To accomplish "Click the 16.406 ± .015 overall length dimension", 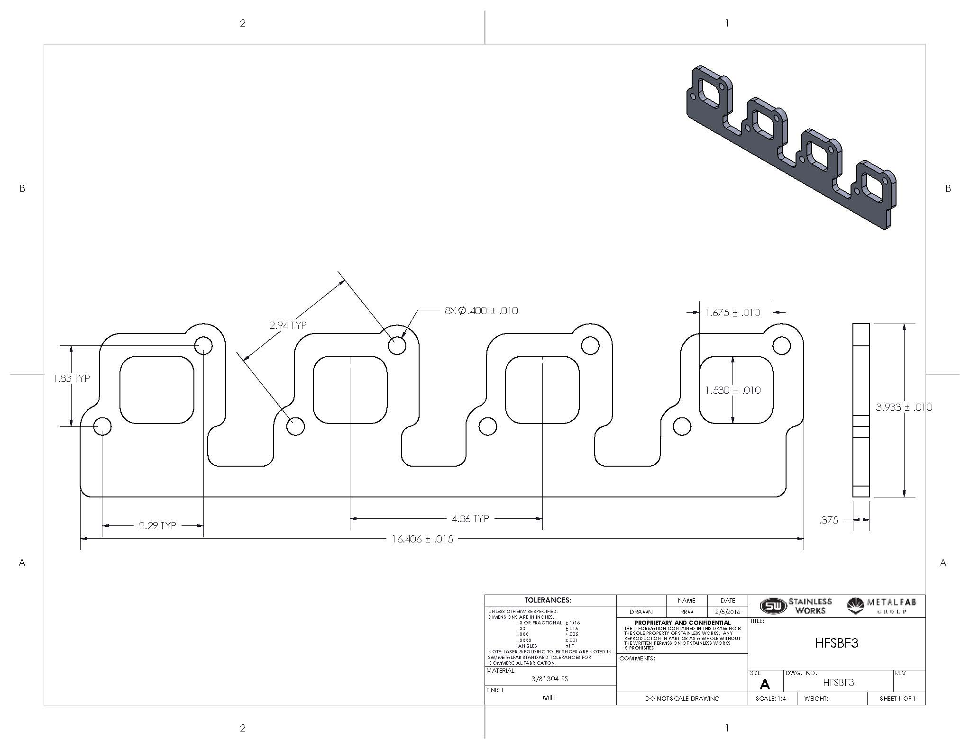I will (422, 539).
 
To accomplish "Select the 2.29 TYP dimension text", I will (157, 525).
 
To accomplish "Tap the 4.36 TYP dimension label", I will (470, 518).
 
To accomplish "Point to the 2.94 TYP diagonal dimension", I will (288, 325).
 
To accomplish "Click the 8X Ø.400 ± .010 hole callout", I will (481, 311).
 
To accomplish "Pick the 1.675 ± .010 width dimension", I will (732, 312).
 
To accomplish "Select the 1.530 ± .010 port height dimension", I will (732, 390).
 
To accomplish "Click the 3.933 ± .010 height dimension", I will (904, 407).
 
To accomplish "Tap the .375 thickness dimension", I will (829, 520).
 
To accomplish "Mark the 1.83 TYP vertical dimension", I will (71, 378).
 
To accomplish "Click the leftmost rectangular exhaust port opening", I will (157, 389).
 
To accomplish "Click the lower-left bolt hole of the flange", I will (102, 426).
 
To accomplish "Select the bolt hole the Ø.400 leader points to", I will (397, 346).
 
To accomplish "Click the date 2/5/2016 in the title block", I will (727, 612).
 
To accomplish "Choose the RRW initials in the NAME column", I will (686, 612).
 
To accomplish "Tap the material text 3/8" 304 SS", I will (549, 678).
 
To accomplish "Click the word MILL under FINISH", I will (549, 698).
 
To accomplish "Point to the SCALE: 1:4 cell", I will (770, 698).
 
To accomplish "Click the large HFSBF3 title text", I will (836, 643).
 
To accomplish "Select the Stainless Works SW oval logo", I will (773, 605).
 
